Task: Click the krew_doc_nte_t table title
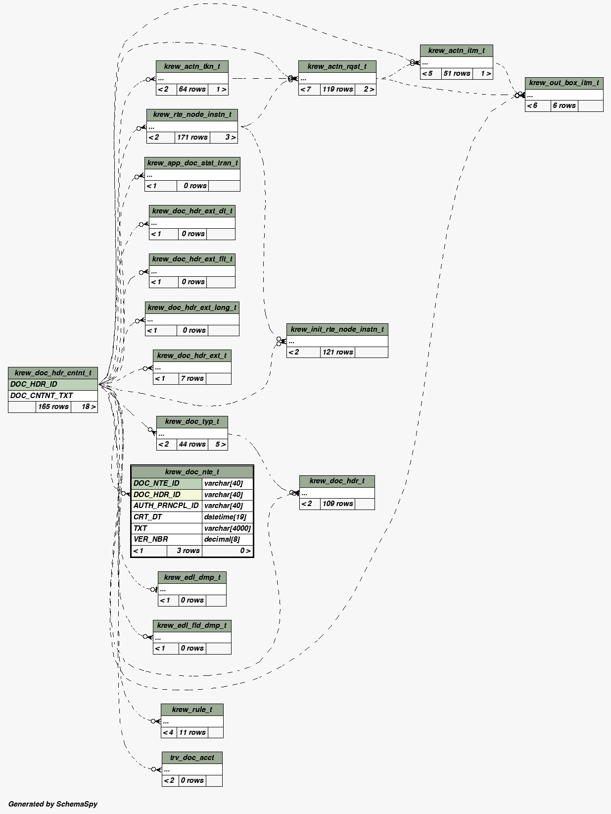click(192, 472)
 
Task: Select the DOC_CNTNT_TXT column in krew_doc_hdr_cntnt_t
click(42, 396)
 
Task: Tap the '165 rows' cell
click(53, 407)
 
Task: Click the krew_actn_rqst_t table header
click(337, 66)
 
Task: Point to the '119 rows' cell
click(337, 89)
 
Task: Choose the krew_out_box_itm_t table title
click(564, 83)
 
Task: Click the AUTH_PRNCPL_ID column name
click(166, 506)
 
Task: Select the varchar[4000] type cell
click(227, 528)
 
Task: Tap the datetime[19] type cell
click(225, 517)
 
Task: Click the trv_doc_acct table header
click(192, 758)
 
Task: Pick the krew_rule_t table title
click(192, 710)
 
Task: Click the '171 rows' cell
click(192, 137)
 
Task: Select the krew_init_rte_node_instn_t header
click(337, 329)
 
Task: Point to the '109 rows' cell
click(337, 504)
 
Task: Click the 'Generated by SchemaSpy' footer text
click(53, 804)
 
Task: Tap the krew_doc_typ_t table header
click(192, 421)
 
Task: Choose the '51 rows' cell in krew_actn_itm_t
click(457, 73)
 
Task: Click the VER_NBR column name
click(151, 539)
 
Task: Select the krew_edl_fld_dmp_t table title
click(192, 625)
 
